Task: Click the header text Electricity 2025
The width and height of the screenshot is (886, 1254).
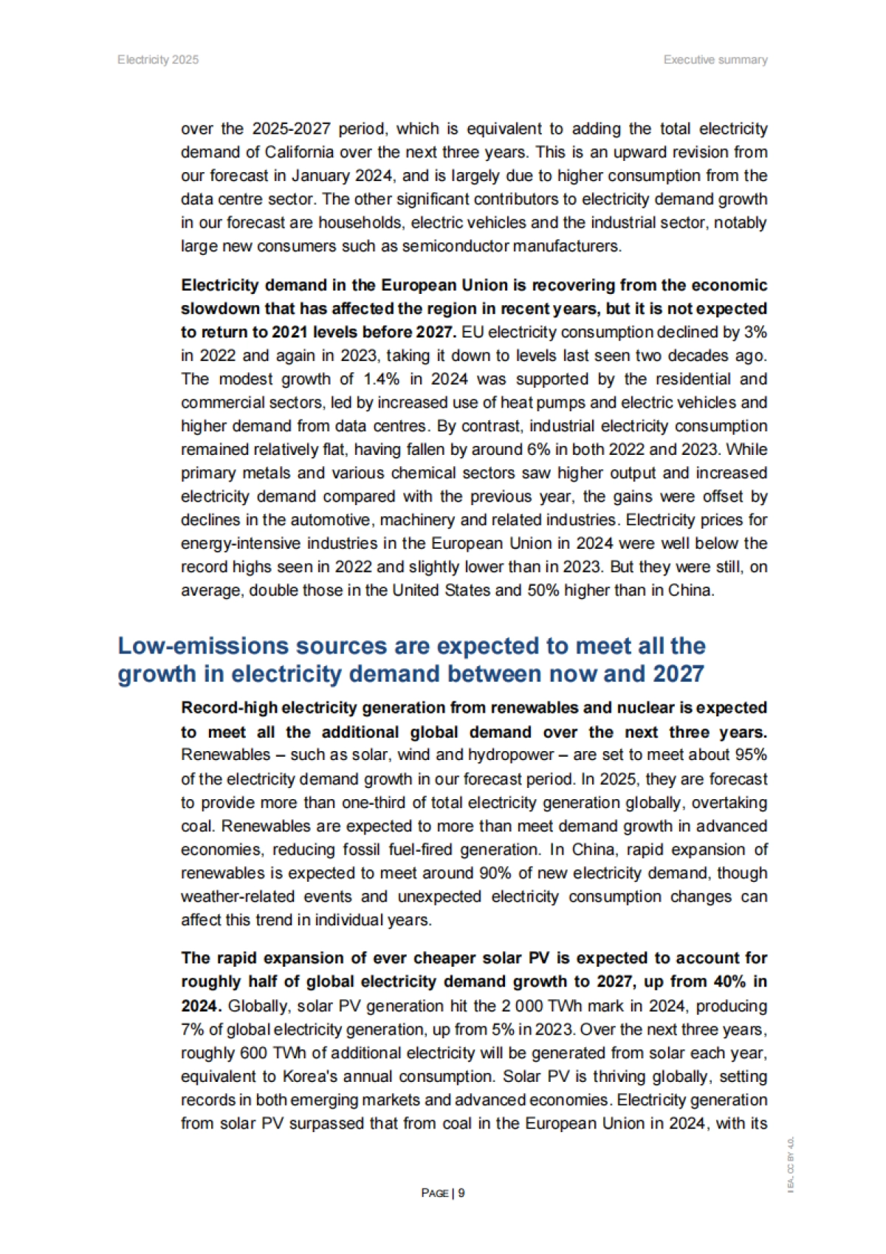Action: [x=157, y=60]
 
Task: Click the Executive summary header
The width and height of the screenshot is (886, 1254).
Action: [x=715, y=60]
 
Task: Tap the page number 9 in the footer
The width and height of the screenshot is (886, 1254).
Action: [x=461, y=1193]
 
